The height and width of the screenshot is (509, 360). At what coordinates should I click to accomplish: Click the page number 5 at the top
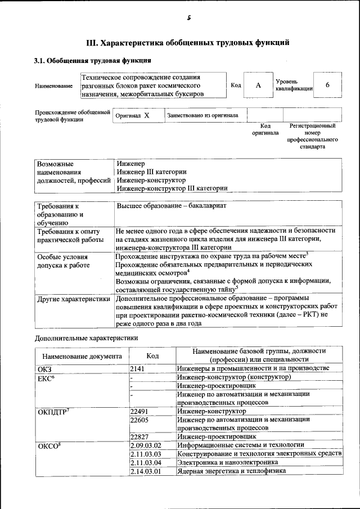(x=189, y=18)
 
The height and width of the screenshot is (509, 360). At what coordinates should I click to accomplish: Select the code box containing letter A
(x=258, y=85)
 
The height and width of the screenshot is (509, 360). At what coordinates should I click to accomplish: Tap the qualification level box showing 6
(x=327, y=85)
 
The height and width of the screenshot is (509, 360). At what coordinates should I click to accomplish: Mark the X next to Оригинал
(x=146, y=115)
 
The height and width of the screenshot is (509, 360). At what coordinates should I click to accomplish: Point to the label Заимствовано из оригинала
(x=202, y=115)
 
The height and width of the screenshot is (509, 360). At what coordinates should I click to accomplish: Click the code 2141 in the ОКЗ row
(x=138, y=368)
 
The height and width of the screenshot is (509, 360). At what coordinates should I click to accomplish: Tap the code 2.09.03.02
(x=146, y=445)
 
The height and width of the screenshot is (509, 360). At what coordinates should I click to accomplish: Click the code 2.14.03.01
(x=146, y=471)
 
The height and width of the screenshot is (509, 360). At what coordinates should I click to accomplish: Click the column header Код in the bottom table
(x=152, y=356)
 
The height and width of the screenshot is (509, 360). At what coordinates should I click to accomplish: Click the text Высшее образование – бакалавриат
(x=171, y=206)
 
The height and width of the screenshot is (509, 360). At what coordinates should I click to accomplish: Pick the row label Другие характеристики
(x=74, y=299)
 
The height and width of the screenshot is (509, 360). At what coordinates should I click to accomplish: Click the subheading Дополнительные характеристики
(x=87, y=338)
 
